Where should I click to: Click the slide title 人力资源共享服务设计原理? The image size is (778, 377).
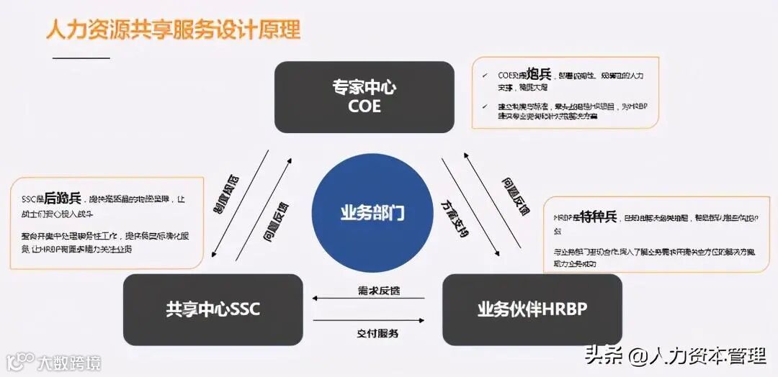tap(173, 29)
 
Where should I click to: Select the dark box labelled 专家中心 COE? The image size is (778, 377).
tap(364, 97)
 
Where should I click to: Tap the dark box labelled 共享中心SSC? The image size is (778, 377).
tap(213, 310)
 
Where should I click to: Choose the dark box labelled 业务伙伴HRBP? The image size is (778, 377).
tap(532, 310)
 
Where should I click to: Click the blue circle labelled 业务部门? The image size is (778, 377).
tap(372, 212)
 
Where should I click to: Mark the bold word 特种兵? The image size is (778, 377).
tap(599, 216)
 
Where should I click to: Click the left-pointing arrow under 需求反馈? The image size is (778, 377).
tap(368, 298)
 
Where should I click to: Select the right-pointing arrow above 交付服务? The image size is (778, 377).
tap(368, 320)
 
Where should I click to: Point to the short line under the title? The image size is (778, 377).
tap(81, 58)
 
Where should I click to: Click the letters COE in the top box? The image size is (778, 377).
tap(364, 107)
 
